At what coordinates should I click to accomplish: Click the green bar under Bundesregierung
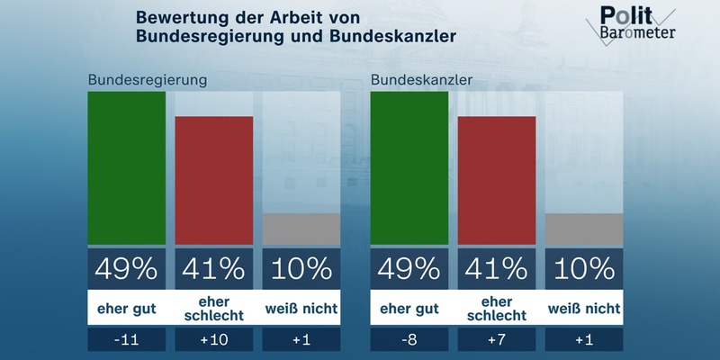(x=126, y=168)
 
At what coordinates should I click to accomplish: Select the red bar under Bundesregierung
(x=213, y=180)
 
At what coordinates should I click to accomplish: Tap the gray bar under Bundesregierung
(x=301, y=229)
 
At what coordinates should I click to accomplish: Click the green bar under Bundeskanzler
(x=409, y=168)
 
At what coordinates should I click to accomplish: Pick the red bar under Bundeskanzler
(x=497, y=180)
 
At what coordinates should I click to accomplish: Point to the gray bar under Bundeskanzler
(x=584, y=229)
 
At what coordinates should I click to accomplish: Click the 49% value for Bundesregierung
(x=126, y=268)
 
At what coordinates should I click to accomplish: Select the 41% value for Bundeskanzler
(x=497, y=268)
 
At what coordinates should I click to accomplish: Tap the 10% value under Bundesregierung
(x=301, y=268)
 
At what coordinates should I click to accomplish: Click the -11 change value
(x=126, y=341)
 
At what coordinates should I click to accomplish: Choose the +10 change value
(x=213, y=341)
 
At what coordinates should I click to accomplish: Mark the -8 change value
(x=409, y=341)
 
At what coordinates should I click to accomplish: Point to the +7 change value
(x=497, y=341)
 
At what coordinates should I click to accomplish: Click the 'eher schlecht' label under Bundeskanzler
(x=497, y=309)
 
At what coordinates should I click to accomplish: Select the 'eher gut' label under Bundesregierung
(x=126, y=309)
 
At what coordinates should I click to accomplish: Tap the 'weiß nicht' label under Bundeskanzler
(x=584, y=309)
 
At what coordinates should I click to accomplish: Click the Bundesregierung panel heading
(x=148, y=79)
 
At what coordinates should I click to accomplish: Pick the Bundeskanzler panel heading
(x=422, y=79)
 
